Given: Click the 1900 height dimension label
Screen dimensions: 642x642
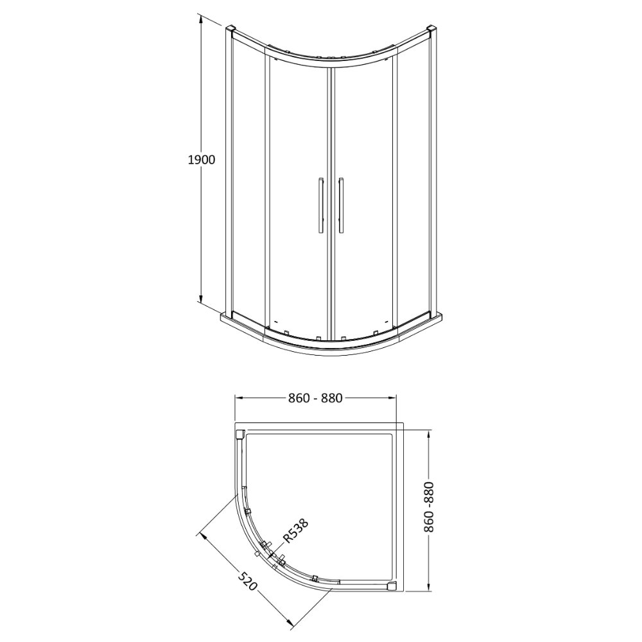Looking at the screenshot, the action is (202, 160).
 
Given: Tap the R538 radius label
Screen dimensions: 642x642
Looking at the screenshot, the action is (295, 531).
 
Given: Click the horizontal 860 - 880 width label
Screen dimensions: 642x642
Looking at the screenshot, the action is (315, 398).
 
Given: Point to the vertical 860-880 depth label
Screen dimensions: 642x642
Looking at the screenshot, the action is (428, 507).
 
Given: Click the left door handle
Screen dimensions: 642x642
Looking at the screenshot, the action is (320, 206).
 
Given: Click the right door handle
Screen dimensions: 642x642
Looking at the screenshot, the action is (341, 206).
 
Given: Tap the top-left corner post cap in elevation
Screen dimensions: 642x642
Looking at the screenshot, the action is (230, 30).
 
